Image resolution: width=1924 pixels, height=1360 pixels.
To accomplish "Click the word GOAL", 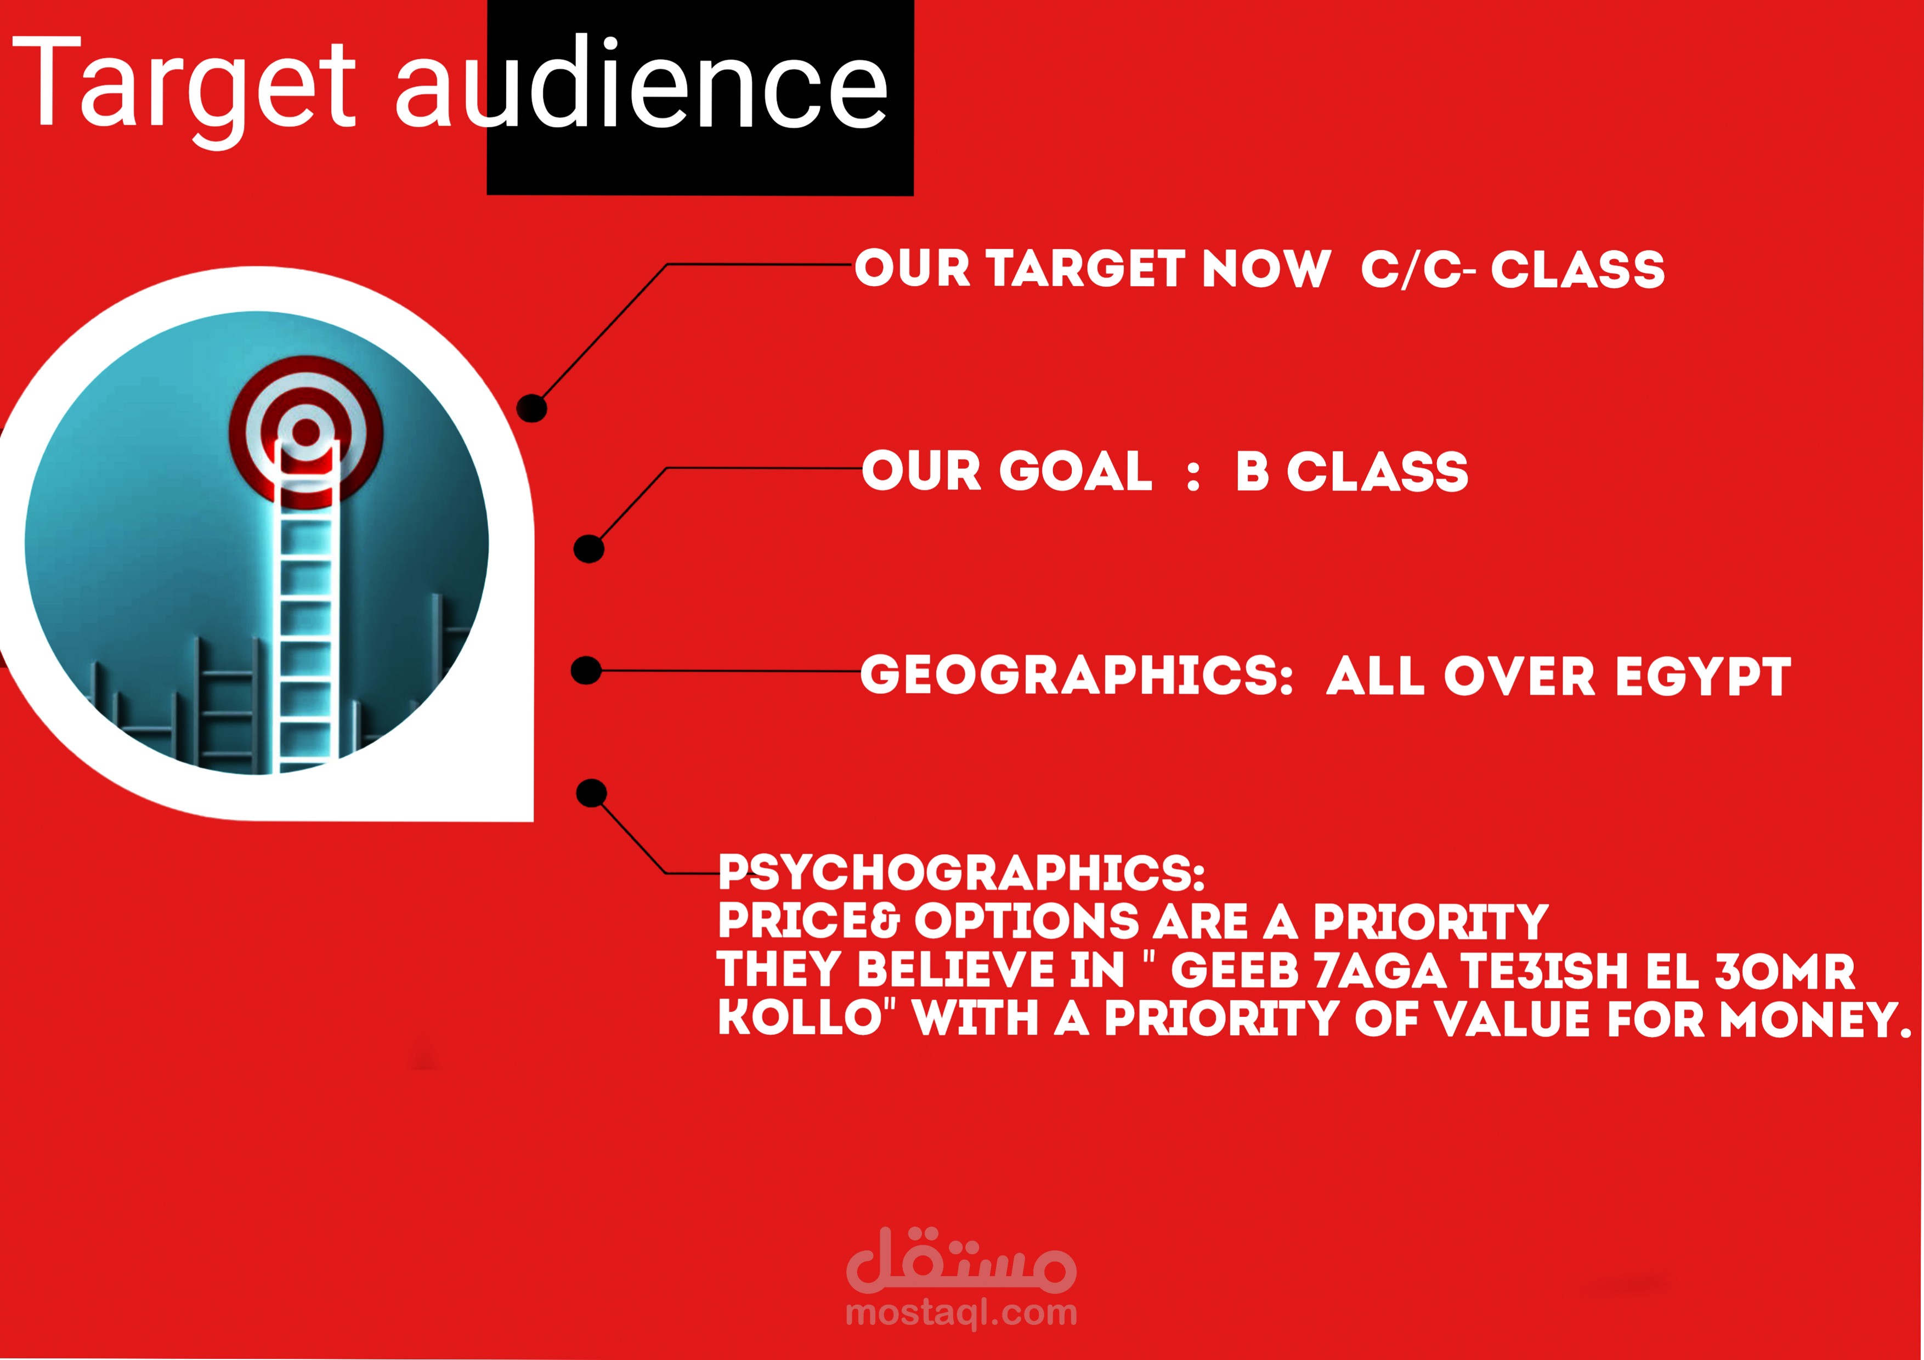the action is coord(1076,471).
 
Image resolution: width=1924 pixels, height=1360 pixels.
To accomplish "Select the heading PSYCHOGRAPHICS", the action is coord(961,872).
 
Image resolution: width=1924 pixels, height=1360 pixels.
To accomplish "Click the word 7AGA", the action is coord(1380,970).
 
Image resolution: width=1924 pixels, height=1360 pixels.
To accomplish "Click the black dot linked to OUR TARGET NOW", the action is coord(532,408).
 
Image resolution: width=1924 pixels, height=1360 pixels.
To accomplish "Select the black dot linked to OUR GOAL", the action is coord(588,549).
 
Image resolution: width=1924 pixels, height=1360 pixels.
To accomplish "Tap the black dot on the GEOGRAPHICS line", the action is coord(586,670).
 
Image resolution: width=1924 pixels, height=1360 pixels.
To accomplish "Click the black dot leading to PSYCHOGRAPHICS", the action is coord(592,793).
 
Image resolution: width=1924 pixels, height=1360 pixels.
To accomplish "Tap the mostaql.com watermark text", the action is coord(961,1312).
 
